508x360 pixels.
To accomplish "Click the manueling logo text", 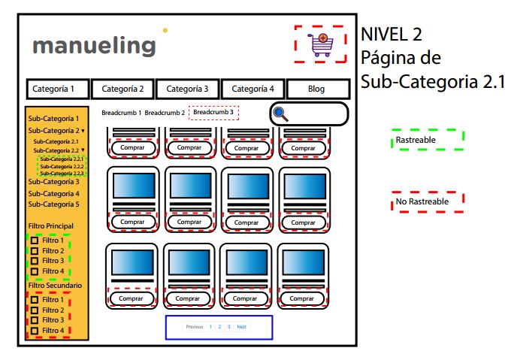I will [94, 46].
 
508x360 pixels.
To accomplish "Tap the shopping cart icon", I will [321, 44].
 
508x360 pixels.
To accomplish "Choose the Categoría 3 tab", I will [187, 89].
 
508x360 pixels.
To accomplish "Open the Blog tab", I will [317, 89].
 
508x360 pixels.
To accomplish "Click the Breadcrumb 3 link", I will [213, 113].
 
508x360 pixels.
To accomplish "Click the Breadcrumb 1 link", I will [121, 113].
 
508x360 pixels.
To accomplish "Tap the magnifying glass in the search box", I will [281, 114].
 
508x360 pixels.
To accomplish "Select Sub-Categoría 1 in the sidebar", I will [53, 119].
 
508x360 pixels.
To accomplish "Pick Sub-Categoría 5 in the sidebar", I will [53, 204].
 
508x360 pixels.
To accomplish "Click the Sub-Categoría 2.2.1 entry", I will [62, 159].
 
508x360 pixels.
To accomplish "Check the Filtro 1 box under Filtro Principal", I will [35, 241].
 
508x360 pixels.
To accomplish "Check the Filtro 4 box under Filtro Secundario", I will [35, 330].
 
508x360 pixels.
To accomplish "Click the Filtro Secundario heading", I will [55, 286].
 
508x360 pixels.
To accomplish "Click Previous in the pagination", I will [194, 327].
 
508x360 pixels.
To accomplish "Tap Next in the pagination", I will [241, 327].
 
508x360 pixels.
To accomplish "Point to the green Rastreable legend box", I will [428, 140].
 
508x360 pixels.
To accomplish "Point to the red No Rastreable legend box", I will [428, 201].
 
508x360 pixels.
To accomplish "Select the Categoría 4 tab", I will [252, 89].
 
